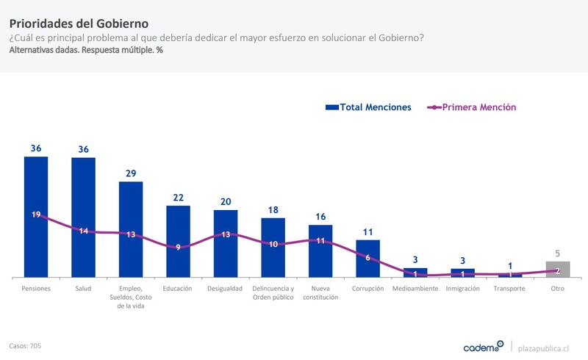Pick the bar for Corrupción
tap(367, 258)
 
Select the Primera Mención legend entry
tap(473, 107)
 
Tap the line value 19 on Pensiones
tap(36, 215)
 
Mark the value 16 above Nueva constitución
tap(320, 216)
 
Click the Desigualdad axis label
tap(225, 289)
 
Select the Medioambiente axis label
tap(415, 289)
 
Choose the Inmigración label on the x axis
tap(463, 289)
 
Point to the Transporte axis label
tap(510, 289)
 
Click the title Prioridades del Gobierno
tap(79, 23)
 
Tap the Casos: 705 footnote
tap(25, 345)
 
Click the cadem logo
tap(483, 346)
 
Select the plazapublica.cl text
tap(544, 347)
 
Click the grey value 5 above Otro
tap(558, 253)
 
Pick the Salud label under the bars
tap(83, 289)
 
